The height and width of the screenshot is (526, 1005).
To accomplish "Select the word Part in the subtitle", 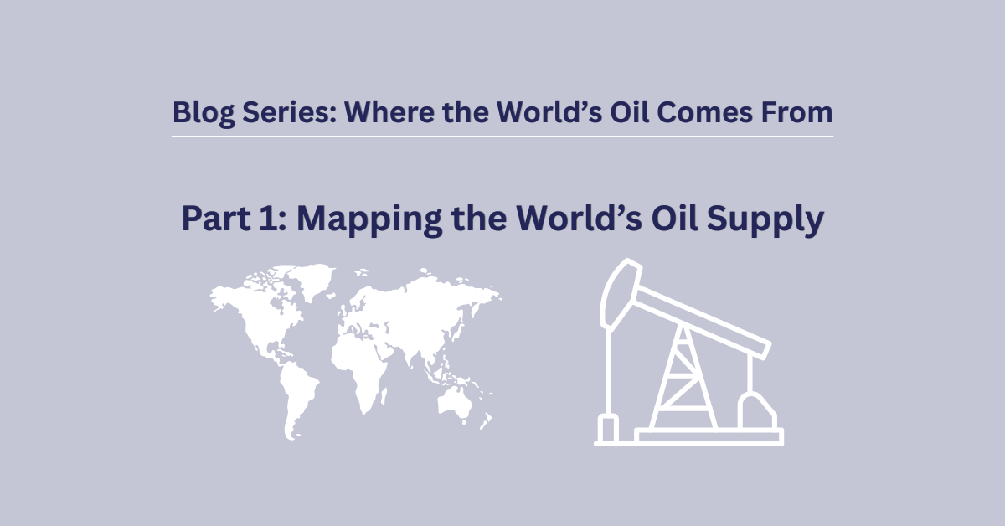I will tap(214, 219).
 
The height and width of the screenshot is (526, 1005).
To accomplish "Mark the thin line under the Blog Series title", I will tap(502, 136).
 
